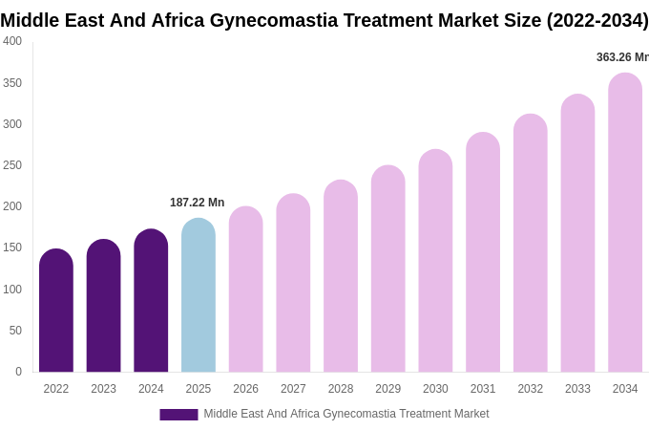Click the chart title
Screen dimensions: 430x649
324,20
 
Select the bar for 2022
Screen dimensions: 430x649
56,311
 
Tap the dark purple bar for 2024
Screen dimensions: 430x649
151,301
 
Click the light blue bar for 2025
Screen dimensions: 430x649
199,295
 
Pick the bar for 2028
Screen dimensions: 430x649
341,276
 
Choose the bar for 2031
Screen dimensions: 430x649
483,252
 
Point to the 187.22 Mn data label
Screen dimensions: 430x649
197,203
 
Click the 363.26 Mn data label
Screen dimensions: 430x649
622,57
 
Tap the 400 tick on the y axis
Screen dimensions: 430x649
12,41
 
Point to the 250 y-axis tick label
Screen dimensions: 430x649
12,165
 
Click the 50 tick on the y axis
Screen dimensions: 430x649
15,331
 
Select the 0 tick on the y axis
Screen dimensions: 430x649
18,372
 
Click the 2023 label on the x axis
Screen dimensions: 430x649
103,389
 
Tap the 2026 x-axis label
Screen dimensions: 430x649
245,389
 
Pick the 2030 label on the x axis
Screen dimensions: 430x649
435,389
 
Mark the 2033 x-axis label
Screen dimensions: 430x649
577,389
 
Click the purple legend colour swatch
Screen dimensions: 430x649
178,415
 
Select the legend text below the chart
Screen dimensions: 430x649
345,414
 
